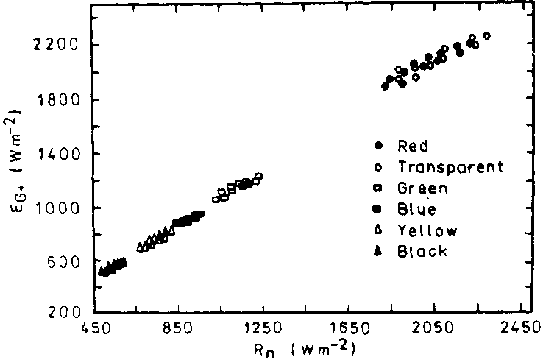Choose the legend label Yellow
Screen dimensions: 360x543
(427, 230)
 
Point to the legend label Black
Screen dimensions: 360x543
(422, 252)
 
